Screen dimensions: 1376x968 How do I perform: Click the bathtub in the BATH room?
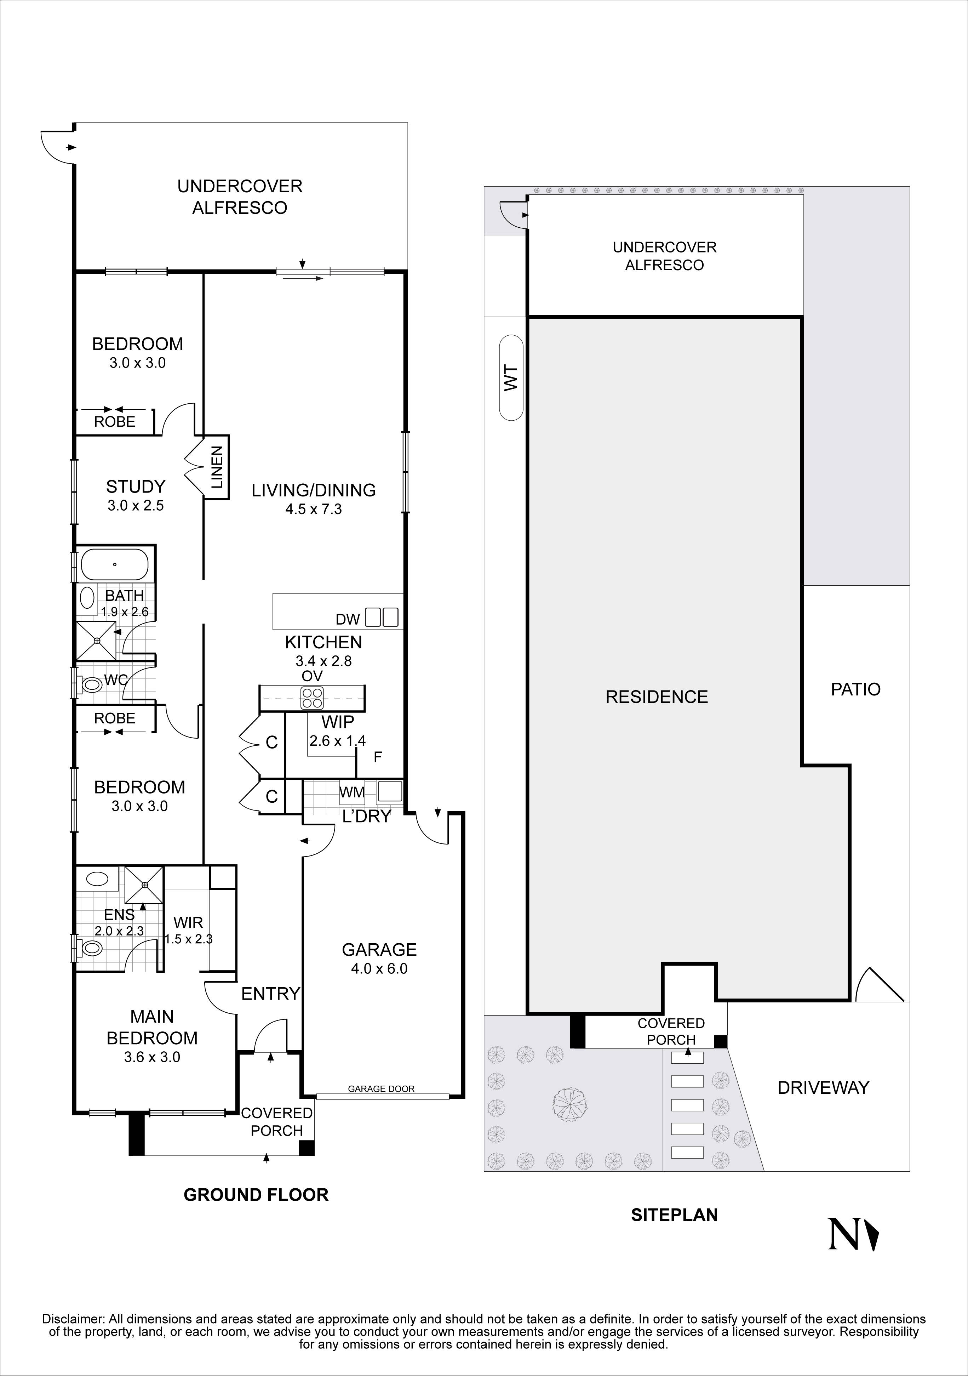114,564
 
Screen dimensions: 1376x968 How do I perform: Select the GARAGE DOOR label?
381,1088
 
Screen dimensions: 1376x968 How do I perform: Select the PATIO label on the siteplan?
855,689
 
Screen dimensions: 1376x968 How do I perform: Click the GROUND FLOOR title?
256,1195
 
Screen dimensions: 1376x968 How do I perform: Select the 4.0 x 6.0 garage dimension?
379,968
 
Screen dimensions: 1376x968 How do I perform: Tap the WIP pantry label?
338,722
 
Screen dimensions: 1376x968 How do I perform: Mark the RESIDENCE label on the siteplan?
657,696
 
